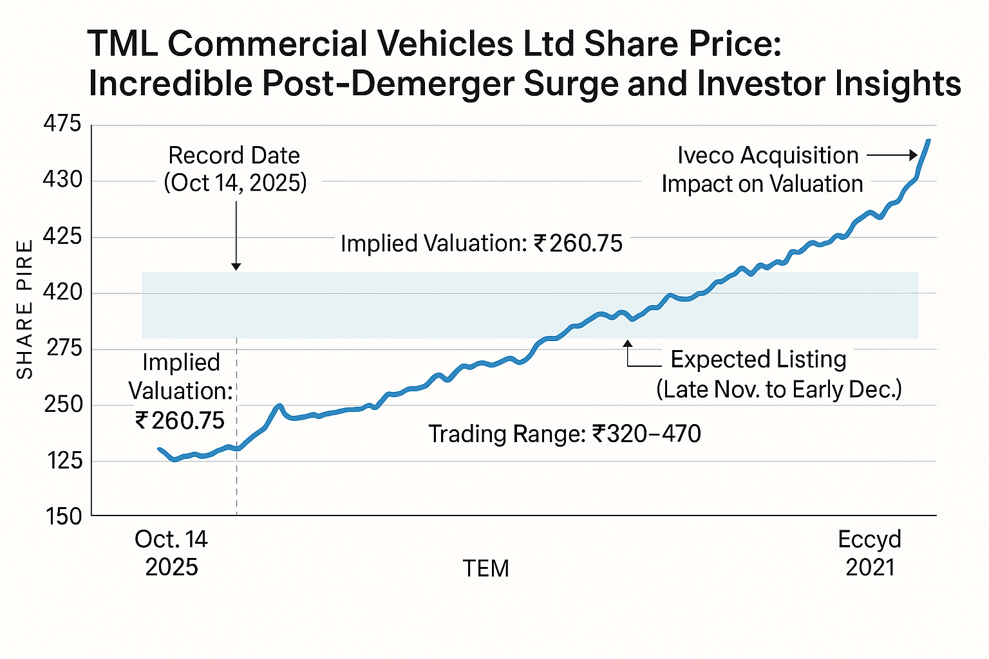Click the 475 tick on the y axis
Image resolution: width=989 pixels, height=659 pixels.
pos(62,124)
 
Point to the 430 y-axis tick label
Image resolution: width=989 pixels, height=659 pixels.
pos(62,180)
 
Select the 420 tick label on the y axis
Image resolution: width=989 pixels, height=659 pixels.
pos(62,293)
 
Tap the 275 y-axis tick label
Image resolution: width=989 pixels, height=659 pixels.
pos(62,349)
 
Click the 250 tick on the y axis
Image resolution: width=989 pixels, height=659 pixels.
pos(62,405)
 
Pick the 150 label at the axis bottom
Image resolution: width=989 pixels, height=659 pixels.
pos(62,516)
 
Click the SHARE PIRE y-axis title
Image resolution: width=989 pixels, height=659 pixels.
pos(25,310)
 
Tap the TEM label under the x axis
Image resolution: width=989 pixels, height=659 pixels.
pos(486,569)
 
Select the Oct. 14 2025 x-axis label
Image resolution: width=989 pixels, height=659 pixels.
pos(171,553)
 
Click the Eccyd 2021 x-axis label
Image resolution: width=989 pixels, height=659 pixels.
pos(870,553)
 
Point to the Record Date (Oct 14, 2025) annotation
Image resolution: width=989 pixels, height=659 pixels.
pos(235,169)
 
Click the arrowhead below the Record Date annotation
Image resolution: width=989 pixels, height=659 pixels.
pos(236,266)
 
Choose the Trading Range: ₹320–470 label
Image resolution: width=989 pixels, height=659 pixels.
pos(565,434)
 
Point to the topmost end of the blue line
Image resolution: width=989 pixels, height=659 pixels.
pos(928,140)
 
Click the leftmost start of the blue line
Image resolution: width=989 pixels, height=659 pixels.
pos(159,449)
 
